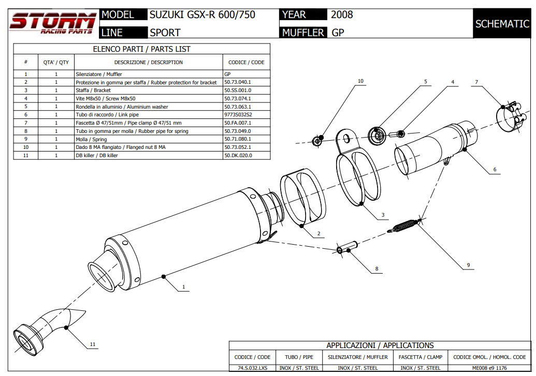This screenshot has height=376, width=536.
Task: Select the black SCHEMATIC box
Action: [502, 24]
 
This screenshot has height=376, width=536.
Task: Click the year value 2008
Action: [342, 15]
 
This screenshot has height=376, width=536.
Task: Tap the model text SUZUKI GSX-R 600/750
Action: [202, 15]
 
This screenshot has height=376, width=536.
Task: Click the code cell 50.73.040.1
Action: [238, 82]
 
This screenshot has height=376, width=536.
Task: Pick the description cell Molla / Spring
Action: [91, 139]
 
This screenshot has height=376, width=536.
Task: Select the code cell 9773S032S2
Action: [238, 115]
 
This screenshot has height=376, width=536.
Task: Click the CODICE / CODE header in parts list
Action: [246, 63]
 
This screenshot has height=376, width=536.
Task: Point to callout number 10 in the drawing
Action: [360, 81]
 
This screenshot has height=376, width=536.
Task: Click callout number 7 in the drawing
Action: [476, 82]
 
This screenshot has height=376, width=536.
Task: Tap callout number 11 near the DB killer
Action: [93, 344]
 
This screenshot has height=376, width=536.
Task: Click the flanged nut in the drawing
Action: [318, 139]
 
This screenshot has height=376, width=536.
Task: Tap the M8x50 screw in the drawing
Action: [399, 134]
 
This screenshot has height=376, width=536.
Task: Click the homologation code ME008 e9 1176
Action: [489, 368]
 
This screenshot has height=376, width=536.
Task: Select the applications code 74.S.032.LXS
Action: [252, 368]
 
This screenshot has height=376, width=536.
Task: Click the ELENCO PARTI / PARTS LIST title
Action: [141, 49]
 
